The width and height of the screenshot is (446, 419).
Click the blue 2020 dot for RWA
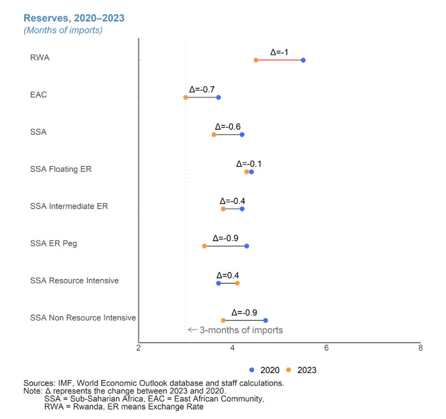pyautogui.click(x=303, y=60)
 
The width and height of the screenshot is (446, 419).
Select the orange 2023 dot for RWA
pyautogui.click(x=256, y=60)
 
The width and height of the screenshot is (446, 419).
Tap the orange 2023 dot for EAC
pyautogui.click(x=186, y=98)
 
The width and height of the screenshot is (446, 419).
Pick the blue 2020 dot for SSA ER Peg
pyautogui.click(x=247, y=246)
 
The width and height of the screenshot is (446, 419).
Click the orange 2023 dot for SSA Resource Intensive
pyautogui.click(x=237, y=283)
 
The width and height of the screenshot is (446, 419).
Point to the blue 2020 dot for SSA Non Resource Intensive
pyautogui.click(x=266, y=320)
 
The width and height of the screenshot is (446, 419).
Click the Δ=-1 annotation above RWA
pyautogui.click(x=279, y=52)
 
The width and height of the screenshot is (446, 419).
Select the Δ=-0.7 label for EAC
pyautogui.click(x=202, y=89)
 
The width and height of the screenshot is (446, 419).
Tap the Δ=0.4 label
pyautogui.click(x=228, y=275)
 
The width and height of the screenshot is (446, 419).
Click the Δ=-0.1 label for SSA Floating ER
pyautogui.click(x=249, y=164)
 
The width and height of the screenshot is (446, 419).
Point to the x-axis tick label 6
pyautogui.click(x=327, y=348)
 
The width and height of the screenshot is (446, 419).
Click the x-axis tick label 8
pyautogui.click(x=420, y=348)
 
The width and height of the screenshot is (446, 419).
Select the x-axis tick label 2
pyautogui.click(x=139, y=348)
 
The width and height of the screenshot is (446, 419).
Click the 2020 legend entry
pyautogui.click(x=264, y=369)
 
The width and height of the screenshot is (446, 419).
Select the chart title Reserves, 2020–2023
pyautogui.click(x=74, y=18)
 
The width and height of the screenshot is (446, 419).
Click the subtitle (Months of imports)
pyautogui.click(x=63, y=30)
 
